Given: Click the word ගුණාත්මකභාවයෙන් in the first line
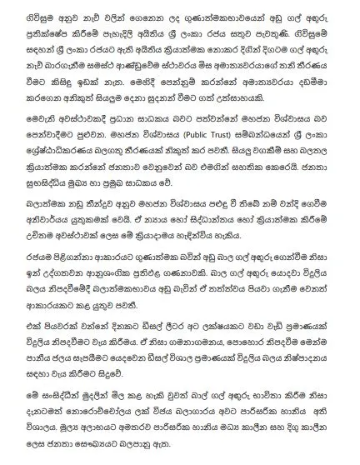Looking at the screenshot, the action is pyautogui.click(x=186, y=12).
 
